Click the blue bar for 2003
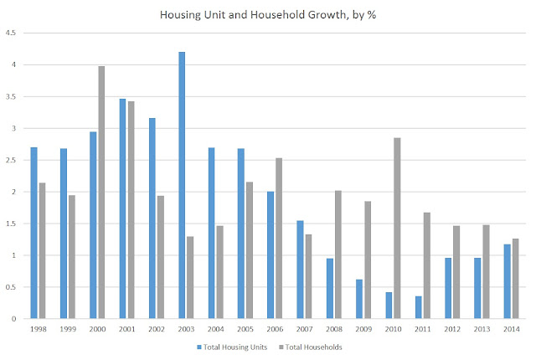[182, 185]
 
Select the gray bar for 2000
[101, 193]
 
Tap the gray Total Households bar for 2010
[397, 229]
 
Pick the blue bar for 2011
[419, 307]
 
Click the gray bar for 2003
[190, 277]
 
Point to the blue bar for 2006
[271, 255]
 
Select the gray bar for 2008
[338, 255]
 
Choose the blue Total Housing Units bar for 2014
[507, 281]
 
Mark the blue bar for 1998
[33, 233]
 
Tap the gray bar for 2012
[456, 272]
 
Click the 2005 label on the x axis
[245, 329]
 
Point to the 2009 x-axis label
[363, 329]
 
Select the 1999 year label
[68, 329]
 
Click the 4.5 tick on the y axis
[11, 33]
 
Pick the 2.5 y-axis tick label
[11, 160]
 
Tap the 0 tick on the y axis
[13, 319]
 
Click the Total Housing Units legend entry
[232, 347]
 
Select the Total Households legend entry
[311, 347]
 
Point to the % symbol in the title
[372, 15]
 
